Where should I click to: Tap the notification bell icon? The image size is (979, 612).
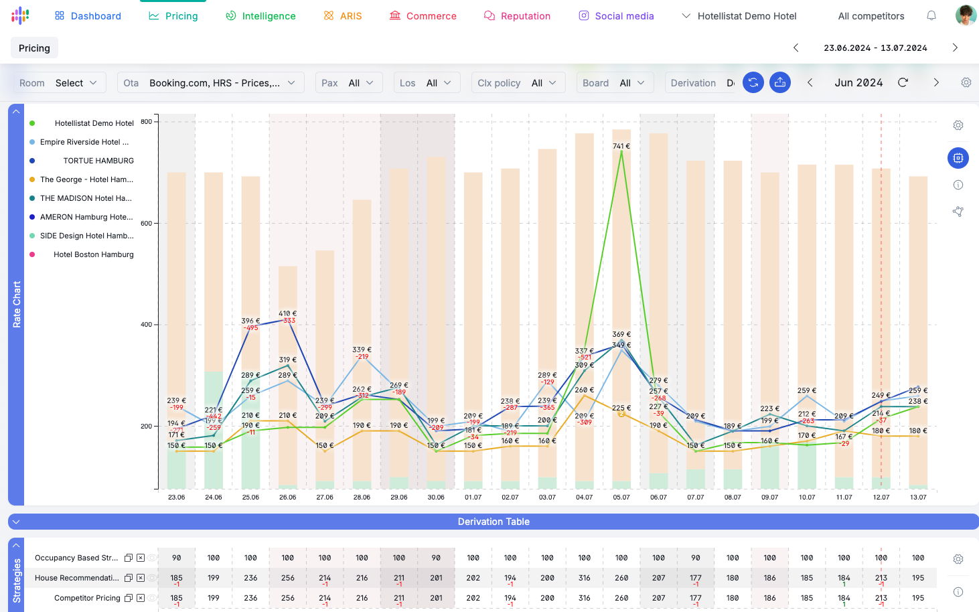[931, 15]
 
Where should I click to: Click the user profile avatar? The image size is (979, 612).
[965, 15]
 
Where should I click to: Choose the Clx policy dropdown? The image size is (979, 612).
[518, 83]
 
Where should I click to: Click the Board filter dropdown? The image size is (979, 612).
[614, 83]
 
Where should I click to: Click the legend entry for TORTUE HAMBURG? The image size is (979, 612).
[98, 161]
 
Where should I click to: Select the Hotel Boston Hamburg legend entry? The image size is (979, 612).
[93, 254]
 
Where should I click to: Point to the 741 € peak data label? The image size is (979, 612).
[621, 146]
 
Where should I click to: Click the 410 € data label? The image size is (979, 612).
[287, 313]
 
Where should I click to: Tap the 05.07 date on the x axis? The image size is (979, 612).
[621, 498]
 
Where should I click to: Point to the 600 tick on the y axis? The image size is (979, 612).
[146, 224]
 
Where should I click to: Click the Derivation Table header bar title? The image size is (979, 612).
[494, 522]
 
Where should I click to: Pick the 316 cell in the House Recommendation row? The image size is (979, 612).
[584, 578]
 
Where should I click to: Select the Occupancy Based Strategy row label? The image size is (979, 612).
[76, 558]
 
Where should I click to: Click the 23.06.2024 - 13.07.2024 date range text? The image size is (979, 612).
[875, 48]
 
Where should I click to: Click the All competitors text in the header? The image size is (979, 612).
[871, 16]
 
